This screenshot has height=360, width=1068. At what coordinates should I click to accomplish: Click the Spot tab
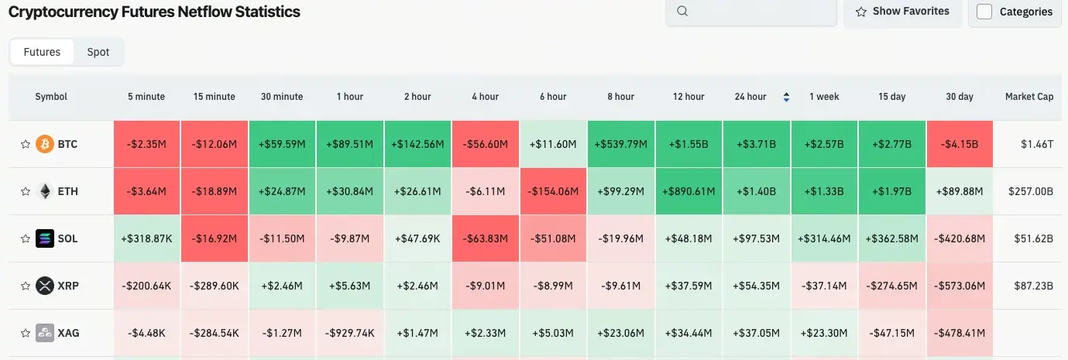click(98, 52)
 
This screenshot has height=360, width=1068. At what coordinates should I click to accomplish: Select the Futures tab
click(42, 52)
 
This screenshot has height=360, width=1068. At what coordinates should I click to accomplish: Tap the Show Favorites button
click(902, 12)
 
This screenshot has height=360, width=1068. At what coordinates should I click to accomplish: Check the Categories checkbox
click(984, 12)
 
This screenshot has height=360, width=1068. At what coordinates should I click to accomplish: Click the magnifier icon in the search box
click(682, 12)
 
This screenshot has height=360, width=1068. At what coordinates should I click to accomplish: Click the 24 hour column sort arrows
click(786, 97)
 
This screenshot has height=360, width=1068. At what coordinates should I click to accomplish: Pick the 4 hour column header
click(485, 97)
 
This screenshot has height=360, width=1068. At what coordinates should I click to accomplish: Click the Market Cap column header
click(1029, 97)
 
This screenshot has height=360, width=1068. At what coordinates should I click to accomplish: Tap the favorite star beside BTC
click(25, 144)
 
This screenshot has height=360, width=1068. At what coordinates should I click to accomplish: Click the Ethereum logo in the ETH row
click(45, 191)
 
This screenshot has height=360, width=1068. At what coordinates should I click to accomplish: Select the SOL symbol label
click(68, 238)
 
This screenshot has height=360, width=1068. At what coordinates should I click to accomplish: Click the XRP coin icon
click(45, 286)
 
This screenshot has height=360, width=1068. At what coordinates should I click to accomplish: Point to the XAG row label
click(68, 333)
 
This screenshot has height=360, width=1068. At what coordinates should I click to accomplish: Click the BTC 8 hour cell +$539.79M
click(621, 144)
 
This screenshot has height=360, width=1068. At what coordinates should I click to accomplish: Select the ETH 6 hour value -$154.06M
click(553, 191)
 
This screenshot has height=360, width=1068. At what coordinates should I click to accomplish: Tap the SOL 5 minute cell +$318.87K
click(146, 238)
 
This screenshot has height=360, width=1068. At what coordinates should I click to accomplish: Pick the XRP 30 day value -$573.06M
click(960, 286)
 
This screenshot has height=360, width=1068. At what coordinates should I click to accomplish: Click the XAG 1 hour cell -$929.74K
click(350, 333)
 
